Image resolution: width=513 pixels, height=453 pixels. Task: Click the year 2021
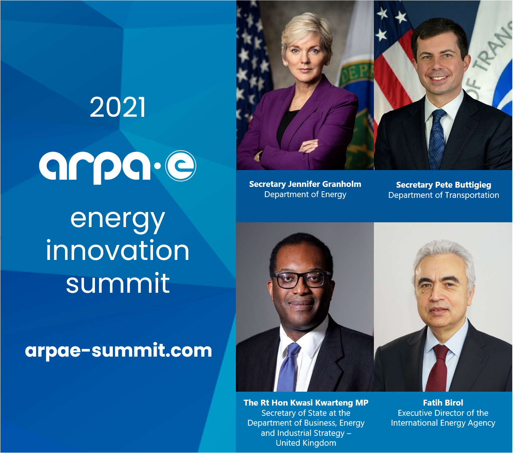point(118,107)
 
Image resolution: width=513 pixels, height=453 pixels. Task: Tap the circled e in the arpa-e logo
point(180,166)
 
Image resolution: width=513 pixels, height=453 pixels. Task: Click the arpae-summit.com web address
point(119,351)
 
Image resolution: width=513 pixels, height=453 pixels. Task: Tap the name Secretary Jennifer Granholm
point(305,184)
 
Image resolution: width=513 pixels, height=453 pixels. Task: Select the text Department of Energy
point(305,195)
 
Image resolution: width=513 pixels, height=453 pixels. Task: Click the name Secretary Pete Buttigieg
point(444,185)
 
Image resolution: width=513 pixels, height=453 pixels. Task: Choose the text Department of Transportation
point(444,195)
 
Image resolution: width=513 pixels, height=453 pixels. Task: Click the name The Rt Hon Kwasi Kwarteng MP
point(306,403)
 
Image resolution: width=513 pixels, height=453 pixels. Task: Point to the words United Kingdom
point(306,443)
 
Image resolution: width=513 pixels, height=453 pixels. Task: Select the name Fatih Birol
point(443,403)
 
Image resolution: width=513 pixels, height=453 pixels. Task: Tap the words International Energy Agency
point(443,423)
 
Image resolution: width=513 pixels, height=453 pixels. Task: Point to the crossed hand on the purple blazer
point(309,146)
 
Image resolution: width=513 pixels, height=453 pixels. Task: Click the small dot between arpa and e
point(157,166)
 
